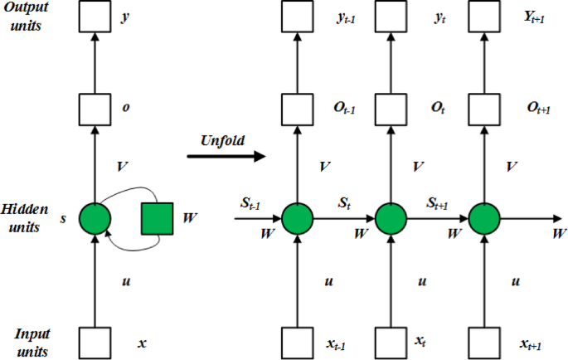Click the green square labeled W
pyautogui.click(x=157, y=218)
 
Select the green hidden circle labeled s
pyautogui.click(x=95, y=218)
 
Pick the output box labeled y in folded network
pyautogui.click(x=95, y=17)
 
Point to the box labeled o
pyautogui.click(x=95, y=108)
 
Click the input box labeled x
pyautogui.click(x=95, y=341)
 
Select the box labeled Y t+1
pyautogui.click(x=485, y=17)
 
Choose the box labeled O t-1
pyautogui.click(x=297, y=108)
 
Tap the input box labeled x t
pyautogui.click(x=391, y=341)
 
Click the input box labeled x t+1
pyautogui.click(x=485, y=341)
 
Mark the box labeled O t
pyautogui.click(x=391, y=108)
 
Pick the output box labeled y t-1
pyautogui.click(x=297, y=17)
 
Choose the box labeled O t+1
pyautogui.click(x=485, y=108)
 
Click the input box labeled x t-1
pyautogui.click(x=297, y=341)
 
